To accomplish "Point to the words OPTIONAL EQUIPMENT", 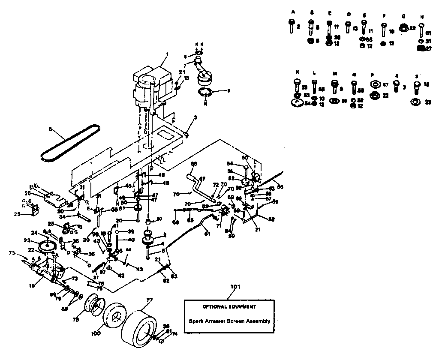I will click(x=230, y=307).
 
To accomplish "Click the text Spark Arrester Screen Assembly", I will click(x=230, y=321).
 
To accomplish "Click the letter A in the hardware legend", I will click(x=293, y=12).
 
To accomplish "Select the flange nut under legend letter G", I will click(x=403, y=29).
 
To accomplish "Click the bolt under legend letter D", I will click(x=348, y=27).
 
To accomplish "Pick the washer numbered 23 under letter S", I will click(x=415, y=102).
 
